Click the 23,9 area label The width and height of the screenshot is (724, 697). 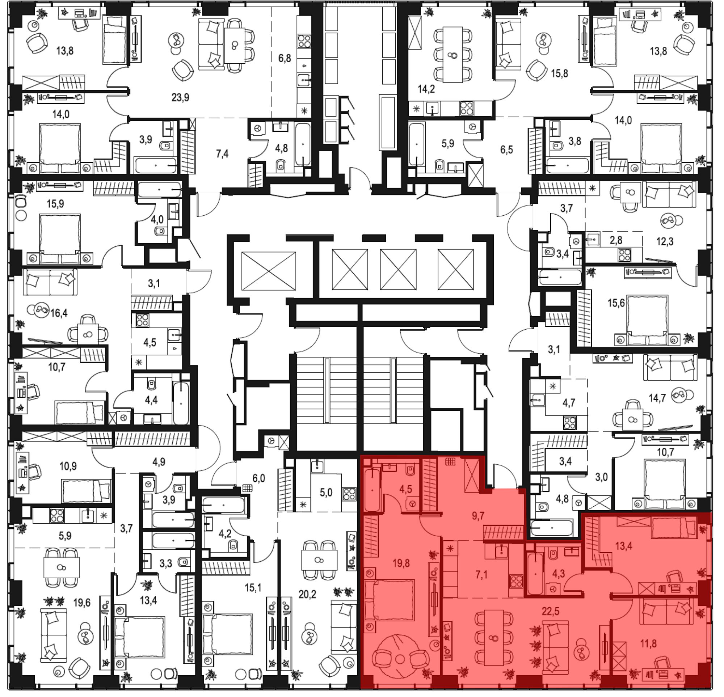tap(180, 97)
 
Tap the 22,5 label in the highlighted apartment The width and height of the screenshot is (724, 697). tap(550, 611)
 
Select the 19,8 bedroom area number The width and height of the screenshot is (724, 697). tap(401, 563)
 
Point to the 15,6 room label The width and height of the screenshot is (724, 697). tap(616, 303)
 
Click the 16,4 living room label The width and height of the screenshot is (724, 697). tap(59, 313)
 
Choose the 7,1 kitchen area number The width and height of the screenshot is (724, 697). tap(481, 575)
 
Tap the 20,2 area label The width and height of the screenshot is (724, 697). tap(307, 594)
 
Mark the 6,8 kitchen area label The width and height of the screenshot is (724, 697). tap(285, 58)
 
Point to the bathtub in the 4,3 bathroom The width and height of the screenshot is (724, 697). tap(535, 573)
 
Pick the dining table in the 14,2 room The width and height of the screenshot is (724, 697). tap(452, 55)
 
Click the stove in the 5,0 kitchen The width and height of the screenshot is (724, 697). tap(349, 494)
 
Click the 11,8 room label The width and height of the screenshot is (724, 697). tap(648, 643)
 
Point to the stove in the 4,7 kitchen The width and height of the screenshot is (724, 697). tap(569, 423)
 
